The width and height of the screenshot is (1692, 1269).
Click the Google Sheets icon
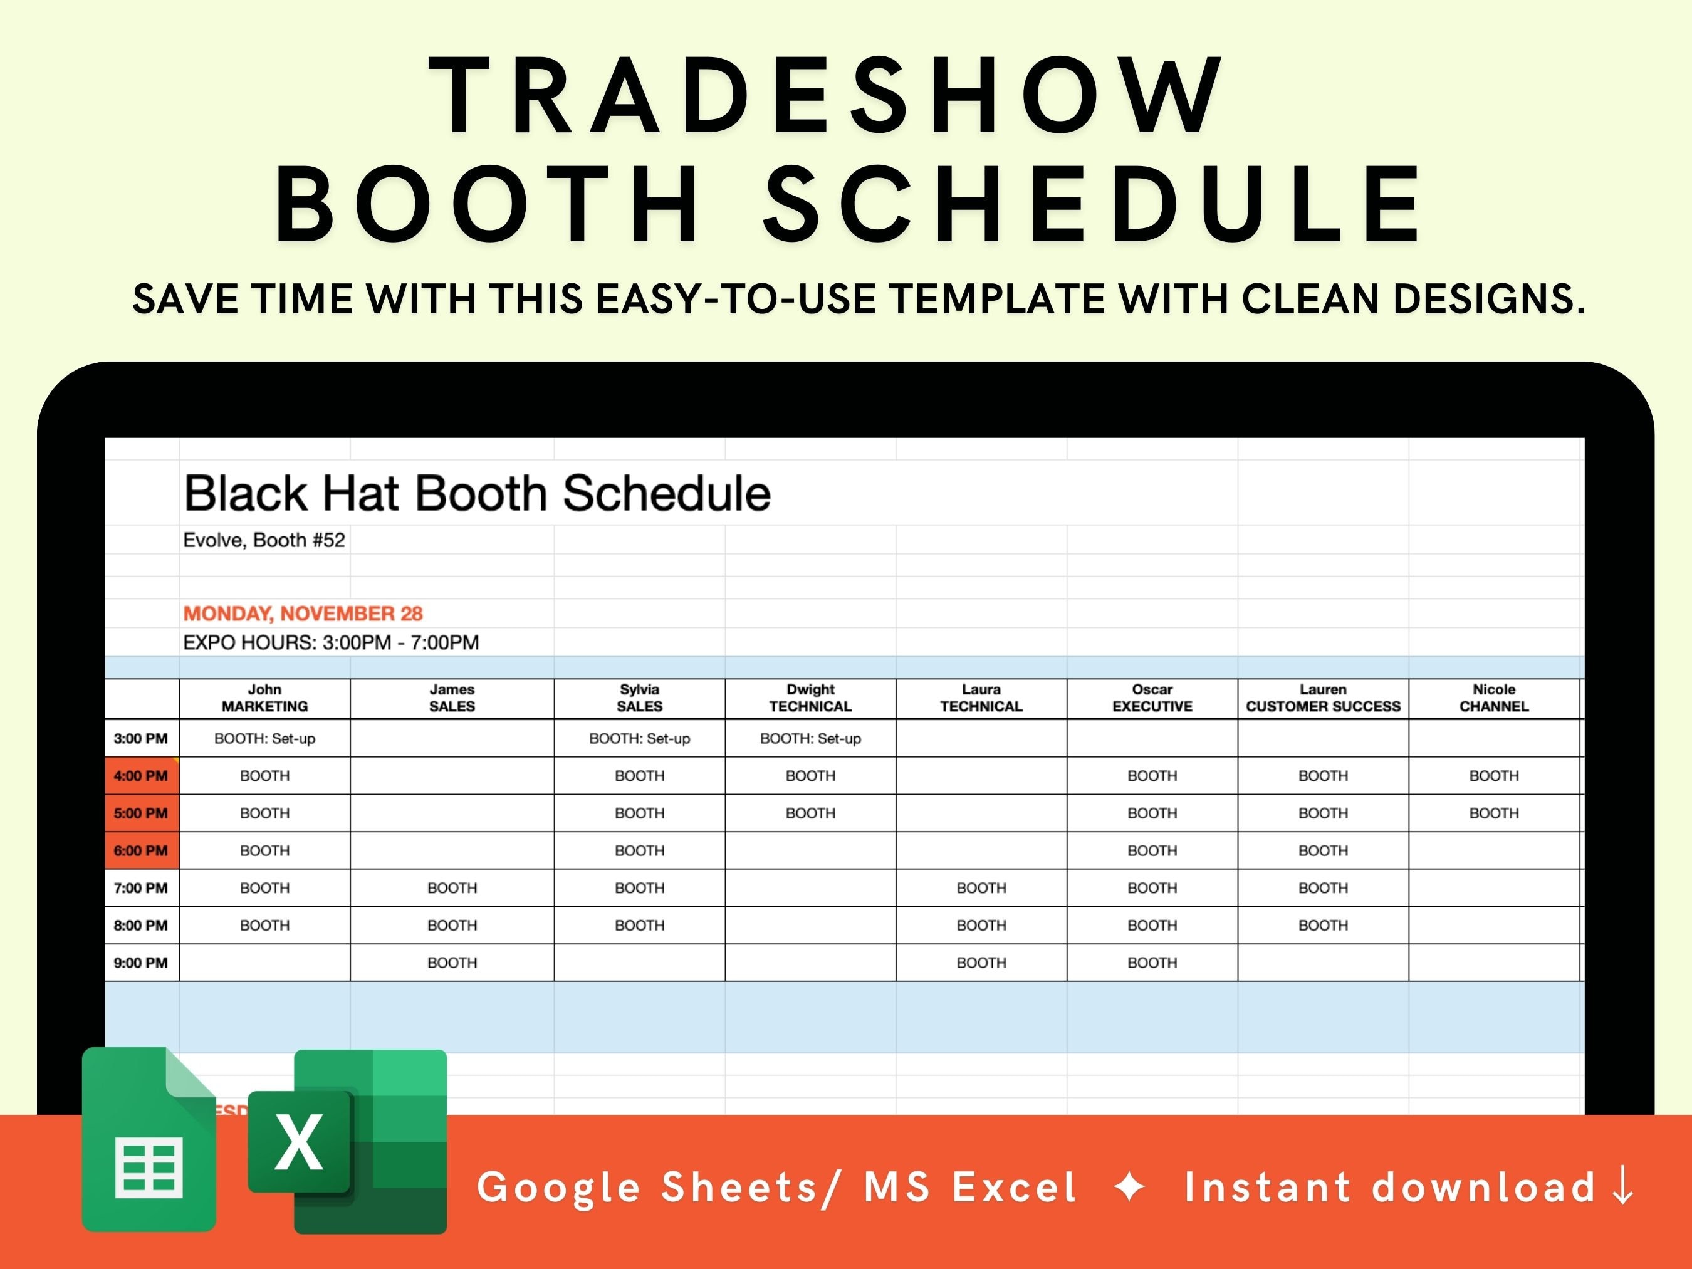pos(149,1140)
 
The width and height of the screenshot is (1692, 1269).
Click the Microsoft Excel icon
pos(348,1141)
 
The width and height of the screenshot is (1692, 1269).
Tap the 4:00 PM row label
pos(141,776)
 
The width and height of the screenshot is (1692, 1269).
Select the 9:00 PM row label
pos(141,963)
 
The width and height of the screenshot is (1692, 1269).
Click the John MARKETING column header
pos(264,698)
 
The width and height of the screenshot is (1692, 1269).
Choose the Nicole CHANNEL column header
pos(1493,698)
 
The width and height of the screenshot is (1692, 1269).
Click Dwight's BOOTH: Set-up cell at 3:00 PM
pos(810,739)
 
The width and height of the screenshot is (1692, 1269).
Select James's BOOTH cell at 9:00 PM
pos(452,963)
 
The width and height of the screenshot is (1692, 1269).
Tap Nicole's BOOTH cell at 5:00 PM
pos(1493,813)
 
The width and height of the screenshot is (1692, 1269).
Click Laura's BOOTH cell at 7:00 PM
pos(981,888)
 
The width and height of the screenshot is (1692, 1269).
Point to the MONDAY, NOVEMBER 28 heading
pos(303,614)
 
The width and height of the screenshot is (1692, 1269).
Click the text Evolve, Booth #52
pos(264,540)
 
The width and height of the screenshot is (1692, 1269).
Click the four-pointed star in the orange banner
pos(1130,1187)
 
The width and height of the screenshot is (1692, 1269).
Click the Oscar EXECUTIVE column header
pos(1152,698)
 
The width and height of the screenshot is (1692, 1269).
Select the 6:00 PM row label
pos(141,850)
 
